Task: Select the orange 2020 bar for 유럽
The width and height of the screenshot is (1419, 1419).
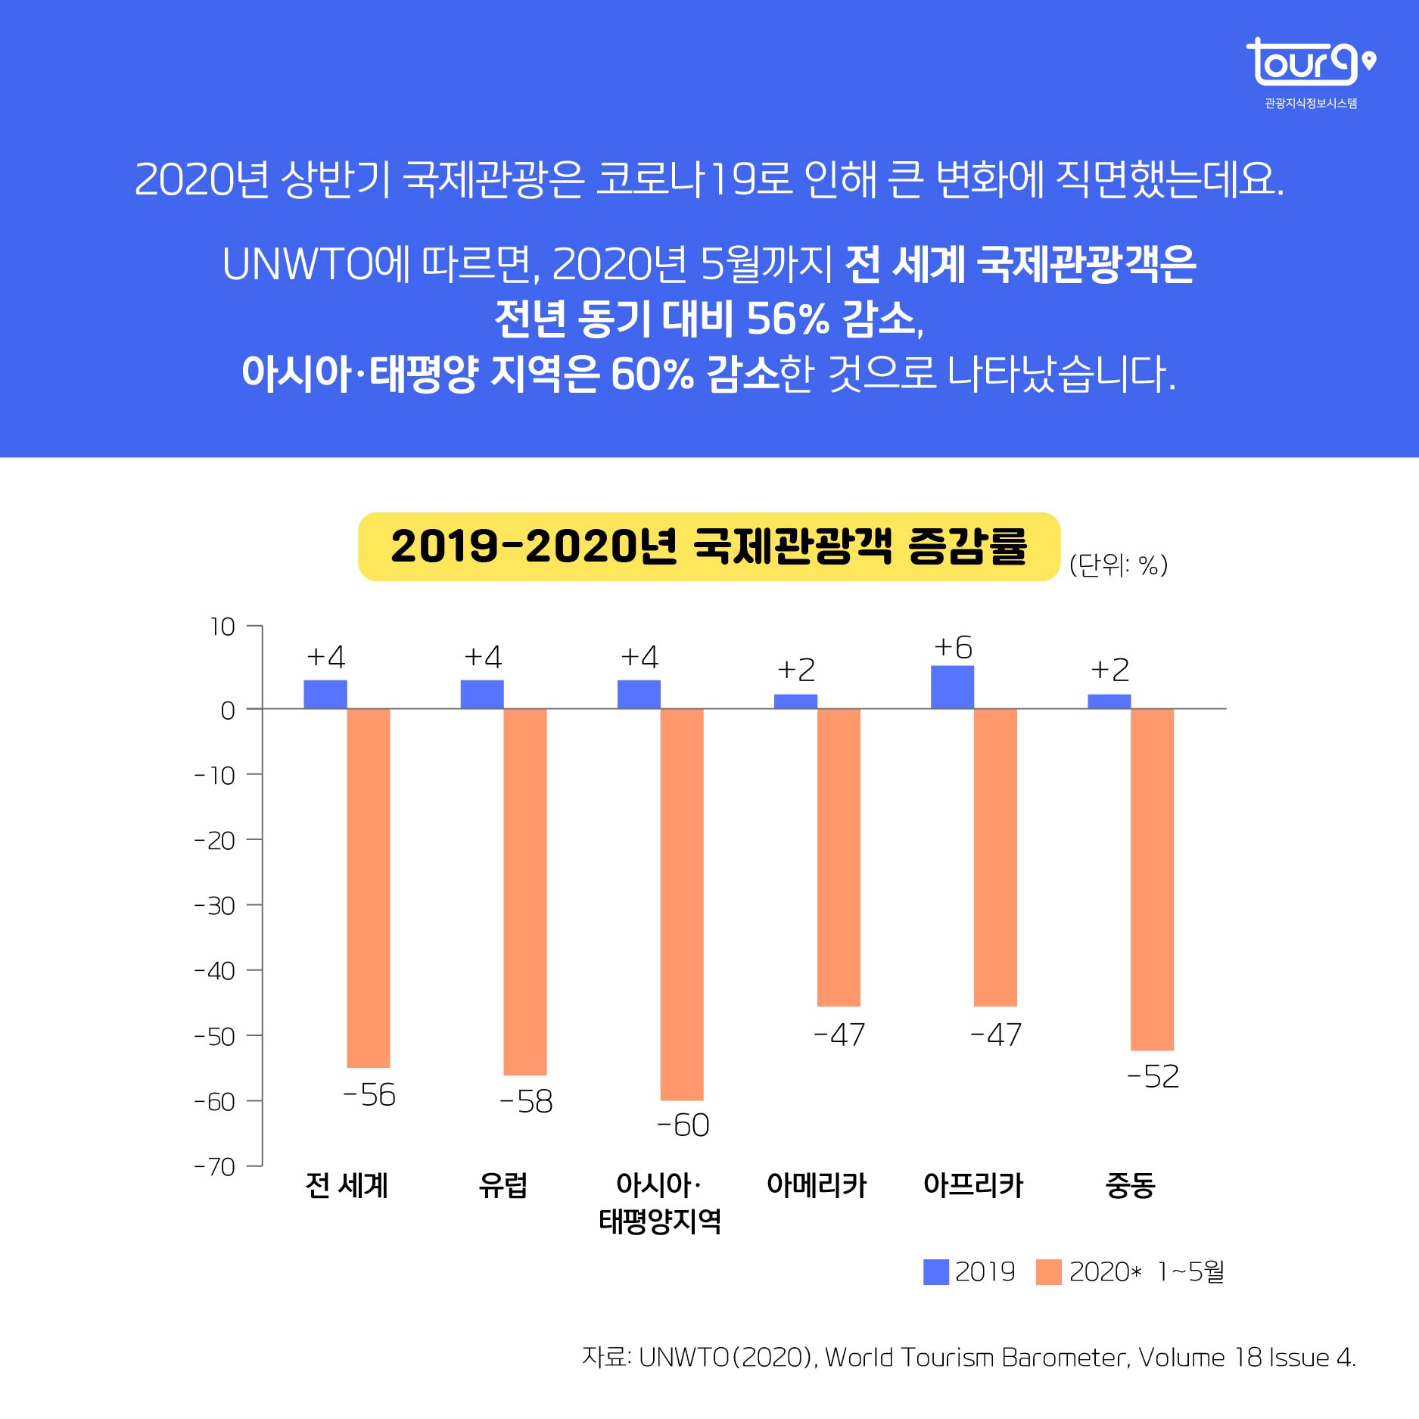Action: (x=524, y=892)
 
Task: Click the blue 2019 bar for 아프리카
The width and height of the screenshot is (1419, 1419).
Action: (x=952, y=687)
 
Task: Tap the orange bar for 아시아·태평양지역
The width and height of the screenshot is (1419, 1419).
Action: (x=681, y=904)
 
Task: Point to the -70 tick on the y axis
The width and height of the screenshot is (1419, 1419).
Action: (x=215, y=1166)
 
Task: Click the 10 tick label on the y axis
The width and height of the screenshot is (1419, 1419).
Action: (x=222, y=627)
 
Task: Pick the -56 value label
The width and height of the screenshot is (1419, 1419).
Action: (x=369, y=1095)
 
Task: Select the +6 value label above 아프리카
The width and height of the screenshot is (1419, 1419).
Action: (x=953, y=648)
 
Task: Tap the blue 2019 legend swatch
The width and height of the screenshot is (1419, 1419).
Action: (x=935, y=1272)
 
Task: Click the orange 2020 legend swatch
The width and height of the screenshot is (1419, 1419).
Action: (x=1048, y=1272)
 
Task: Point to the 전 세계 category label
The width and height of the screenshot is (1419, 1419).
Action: (x=347, y=1185)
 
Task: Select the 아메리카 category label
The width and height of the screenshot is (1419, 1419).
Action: (x=816, y=1185)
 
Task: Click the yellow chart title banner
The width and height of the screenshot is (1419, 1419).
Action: (x=708, y=546)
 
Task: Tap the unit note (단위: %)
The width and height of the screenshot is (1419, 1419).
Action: (x=1118, y=565)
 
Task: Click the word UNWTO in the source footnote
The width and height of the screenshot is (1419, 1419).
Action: (x=683, y=1358)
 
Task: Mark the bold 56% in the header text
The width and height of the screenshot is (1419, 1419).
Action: (x=787, y=319)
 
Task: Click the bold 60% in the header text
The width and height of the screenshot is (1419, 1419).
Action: (x=652, y=374)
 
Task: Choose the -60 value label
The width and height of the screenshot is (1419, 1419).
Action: (x=683, y=1125)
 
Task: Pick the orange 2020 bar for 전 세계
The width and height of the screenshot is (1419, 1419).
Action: (x=368, y=888)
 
